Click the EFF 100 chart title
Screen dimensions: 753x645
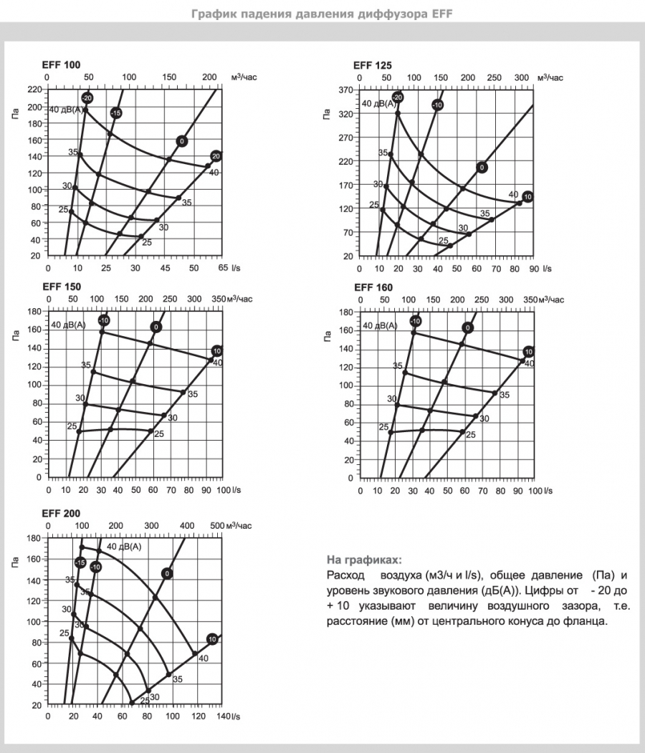click(61, 65)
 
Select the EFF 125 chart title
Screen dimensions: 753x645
click(373, 65)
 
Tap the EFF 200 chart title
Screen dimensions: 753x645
click(61, 514)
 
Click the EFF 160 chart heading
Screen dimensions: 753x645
click(373, 287)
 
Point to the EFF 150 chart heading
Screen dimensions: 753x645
click(61, 287)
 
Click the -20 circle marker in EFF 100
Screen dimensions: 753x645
click(87, 97)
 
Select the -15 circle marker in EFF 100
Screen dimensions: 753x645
click(116, 113)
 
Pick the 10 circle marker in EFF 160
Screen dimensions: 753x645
click(528, 352)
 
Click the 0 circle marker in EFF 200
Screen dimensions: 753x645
click(167, 573)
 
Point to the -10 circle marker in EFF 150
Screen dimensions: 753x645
click(104, 320)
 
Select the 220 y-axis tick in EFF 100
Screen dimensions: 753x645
click(35, 90)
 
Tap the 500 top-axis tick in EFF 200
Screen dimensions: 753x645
click(218, 526)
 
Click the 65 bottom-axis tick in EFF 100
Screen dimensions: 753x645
click(222, 267)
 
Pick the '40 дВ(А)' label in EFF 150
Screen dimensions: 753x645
click(68, 325)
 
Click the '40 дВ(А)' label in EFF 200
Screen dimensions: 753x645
click(124, 547)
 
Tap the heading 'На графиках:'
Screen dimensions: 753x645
click(364, 560)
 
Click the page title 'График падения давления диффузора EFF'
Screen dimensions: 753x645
click(322, 14)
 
